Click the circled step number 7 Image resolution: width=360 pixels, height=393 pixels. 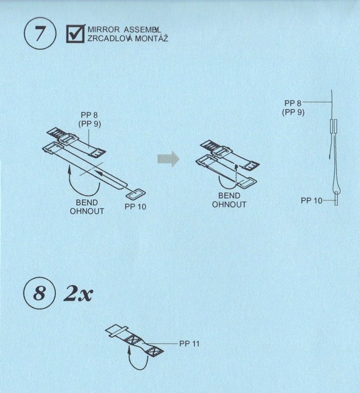(40, 33)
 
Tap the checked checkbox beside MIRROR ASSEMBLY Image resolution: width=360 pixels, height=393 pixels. (75, 34)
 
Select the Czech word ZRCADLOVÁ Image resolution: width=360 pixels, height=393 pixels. (110, 39)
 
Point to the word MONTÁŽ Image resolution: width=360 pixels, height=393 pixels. (152, 39)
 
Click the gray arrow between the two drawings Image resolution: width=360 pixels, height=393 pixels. (168, 159)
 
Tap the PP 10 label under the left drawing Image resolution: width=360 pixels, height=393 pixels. (135, 206)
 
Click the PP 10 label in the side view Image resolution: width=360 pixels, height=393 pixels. (312, 200)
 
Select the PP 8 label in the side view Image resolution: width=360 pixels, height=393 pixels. (292, 103)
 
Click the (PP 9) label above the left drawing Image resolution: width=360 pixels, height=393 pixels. (90, 124)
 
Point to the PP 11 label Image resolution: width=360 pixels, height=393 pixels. (189, 344)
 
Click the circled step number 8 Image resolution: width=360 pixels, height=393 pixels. (39, 293)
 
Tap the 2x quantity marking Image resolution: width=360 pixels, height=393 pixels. (78, 293)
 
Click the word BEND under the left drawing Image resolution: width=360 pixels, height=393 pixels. (87, 203)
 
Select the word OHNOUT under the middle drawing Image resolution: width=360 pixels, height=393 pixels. (229, 204)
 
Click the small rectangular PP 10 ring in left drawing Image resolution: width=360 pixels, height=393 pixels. (136, 194)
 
